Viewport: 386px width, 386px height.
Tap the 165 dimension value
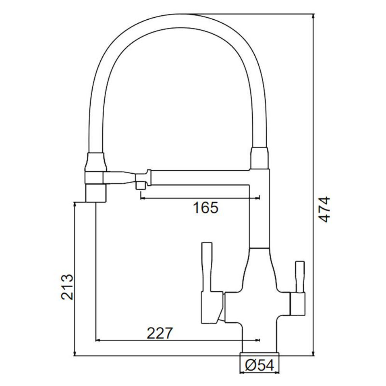tap(205, 208)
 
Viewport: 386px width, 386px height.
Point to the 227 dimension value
tap(160, 334)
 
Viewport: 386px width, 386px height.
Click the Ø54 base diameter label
tap(259, 365)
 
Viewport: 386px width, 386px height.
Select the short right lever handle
tap(300, 277)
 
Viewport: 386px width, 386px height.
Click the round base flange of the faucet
tap(259, 354)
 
